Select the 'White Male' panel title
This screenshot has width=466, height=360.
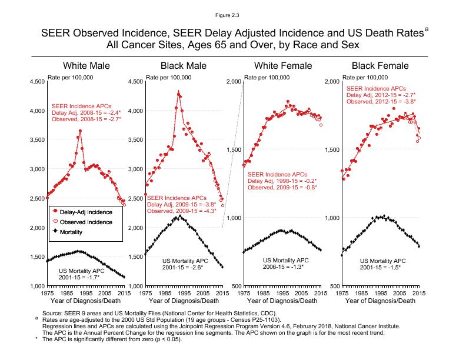(x=86, y=65)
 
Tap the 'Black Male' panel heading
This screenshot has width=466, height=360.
(x=183, y=65)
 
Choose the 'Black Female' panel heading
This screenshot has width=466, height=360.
(x=380, y=65)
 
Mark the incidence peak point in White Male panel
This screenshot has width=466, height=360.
(x=80, y=131)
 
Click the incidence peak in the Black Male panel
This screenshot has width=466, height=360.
(x=178, y=91)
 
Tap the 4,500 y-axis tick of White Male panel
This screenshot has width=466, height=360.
(x=36, y=82)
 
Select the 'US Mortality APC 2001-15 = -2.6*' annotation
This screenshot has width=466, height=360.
(x=182, y=264)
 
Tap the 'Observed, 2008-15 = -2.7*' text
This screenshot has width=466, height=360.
(x=86, y=119)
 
